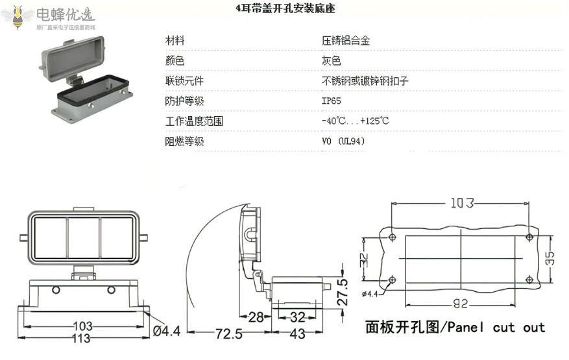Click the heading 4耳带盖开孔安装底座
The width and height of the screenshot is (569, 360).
tap(285, 9)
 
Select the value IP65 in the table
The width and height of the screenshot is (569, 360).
tap(331, 101)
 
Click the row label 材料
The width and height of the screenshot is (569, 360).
tap(175, 41)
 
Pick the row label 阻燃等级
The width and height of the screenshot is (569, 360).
tap(184, 141)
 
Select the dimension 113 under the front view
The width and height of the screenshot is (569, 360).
tap(80, 339)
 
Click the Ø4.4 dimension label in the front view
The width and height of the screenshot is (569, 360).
tap(166, 331)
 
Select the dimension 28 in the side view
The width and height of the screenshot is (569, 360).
tap(256, 317)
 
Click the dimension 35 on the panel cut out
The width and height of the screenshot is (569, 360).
tap(549, 258)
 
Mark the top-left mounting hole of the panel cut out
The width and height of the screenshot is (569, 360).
tap(392, 237)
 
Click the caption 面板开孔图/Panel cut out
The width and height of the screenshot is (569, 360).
tap(455, 327)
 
